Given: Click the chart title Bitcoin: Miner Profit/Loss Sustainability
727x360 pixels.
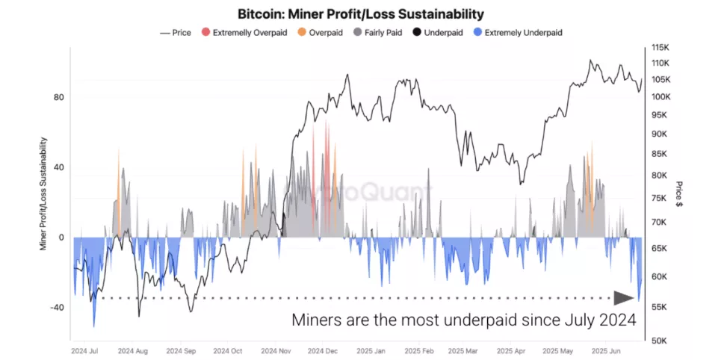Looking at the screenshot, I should tap(360, 14).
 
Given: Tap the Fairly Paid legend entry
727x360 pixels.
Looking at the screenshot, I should tap(380, 33).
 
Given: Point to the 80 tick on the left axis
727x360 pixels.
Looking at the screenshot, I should tap(58, 98).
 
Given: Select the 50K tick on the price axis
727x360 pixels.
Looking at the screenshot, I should tap(661, 341).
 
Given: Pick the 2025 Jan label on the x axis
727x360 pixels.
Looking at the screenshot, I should tap(370, 350).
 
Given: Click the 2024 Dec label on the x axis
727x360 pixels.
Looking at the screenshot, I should tap(324, 350).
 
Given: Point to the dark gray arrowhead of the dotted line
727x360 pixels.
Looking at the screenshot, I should tap(623, 298).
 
